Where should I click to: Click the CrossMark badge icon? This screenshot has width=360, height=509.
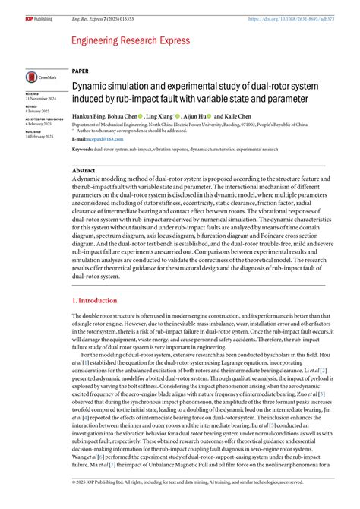click(x=39, y=77)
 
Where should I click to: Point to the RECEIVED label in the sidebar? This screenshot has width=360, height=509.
click(x=35, y=95)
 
